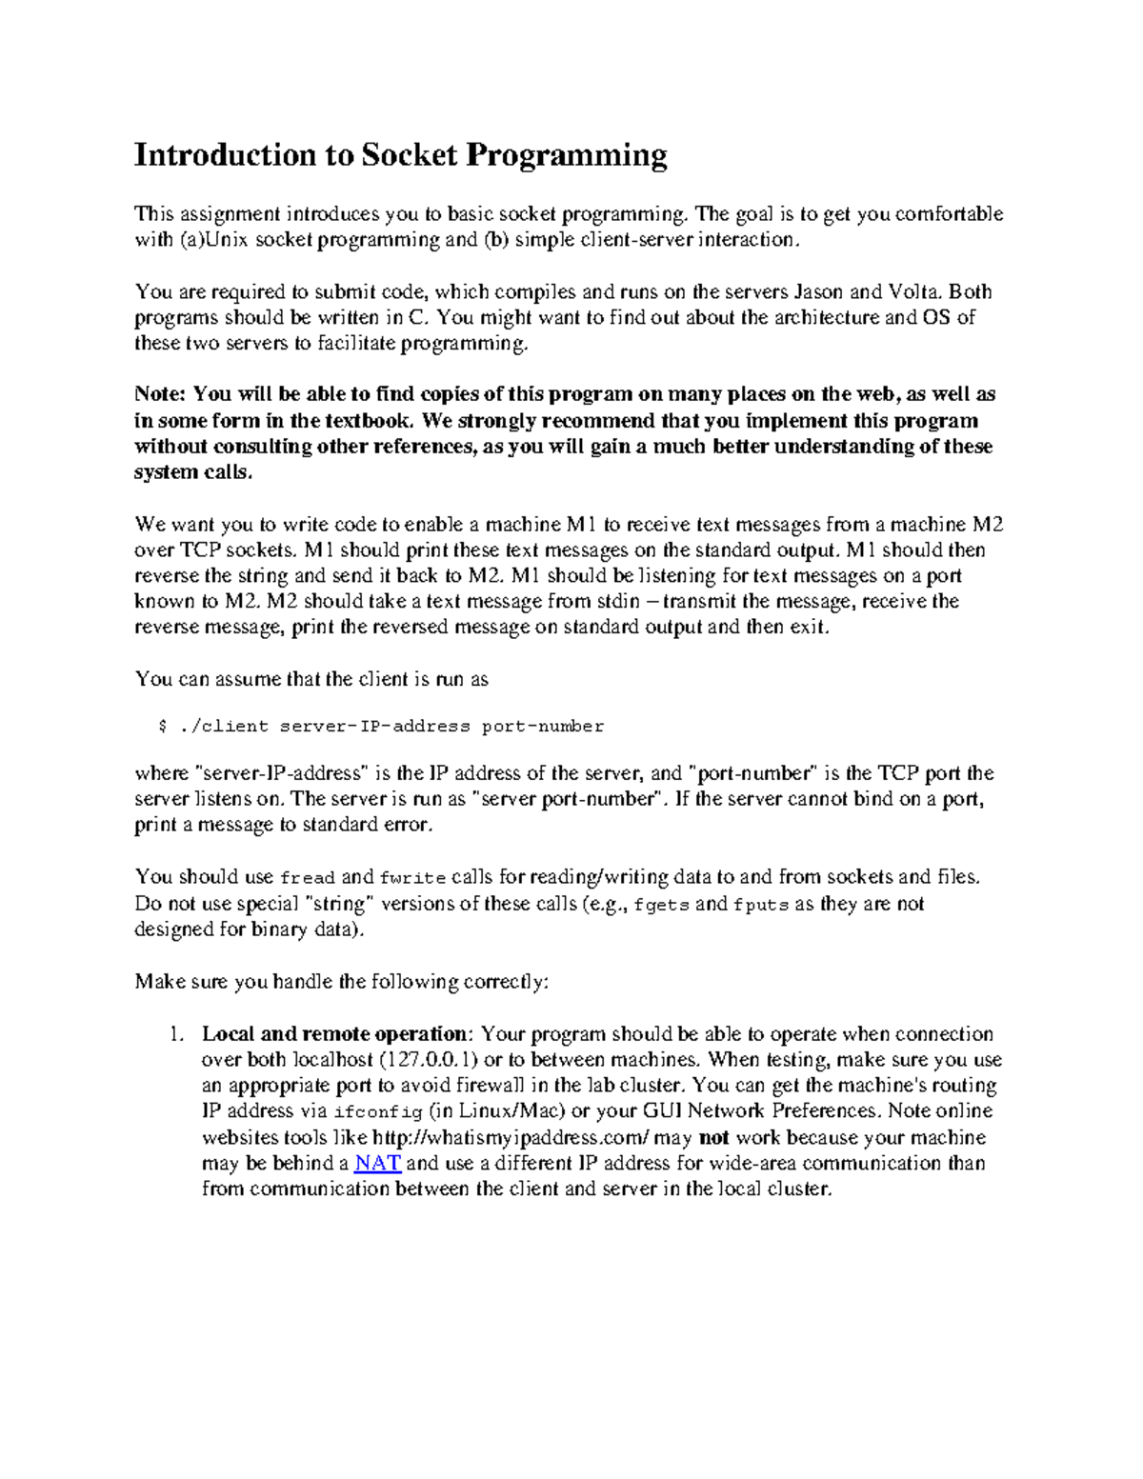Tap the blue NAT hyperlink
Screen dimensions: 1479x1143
click(x=377, y=1163)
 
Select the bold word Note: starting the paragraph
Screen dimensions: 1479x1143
click(x=162, y=394)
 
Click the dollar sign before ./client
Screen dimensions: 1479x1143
click(x=162, y=727)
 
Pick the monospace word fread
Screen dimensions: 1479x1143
click(x=307, y=878)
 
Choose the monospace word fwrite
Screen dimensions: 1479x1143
click(x=412, y=878)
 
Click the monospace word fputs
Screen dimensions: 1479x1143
click(x=760, y=905)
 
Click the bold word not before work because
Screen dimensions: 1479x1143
click(x=713, y=1137)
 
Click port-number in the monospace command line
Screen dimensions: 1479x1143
click(x=543, y=727)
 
